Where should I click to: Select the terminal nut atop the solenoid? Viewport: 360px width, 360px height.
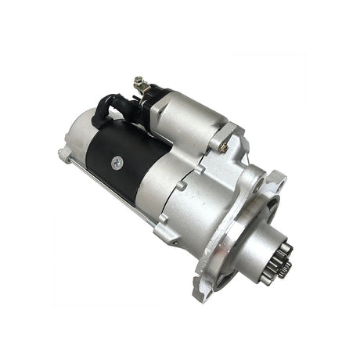[x=139, y=81]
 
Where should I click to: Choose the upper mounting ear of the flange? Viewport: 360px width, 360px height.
[x=273, y=182]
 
